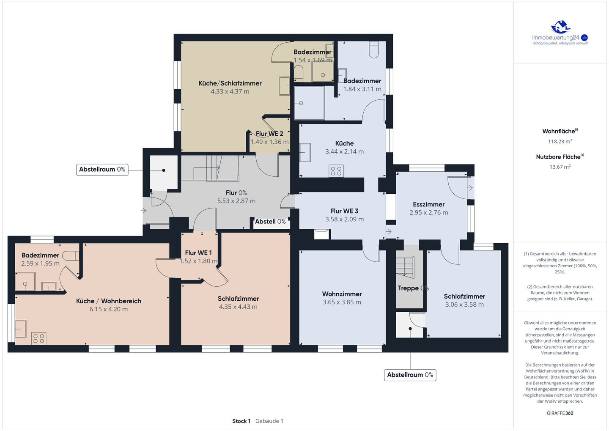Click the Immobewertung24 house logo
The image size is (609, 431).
(x=560, y=27)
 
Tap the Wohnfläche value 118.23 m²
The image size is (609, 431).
(x=560, y=141)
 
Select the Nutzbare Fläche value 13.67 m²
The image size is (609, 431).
(x=560, y=167)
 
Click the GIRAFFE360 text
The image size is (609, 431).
(x=560, y=413)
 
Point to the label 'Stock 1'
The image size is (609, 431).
(x=241, y=421)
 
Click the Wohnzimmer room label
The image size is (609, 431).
(x=342, y=294)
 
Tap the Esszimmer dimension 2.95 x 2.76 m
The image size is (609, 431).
(x=429, y=212)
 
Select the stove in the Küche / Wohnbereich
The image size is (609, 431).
(x=38, y=338)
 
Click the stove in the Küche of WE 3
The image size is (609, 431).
(x=336, y=171)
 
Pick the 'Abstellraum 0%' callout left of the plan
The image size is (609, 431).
(x=102, y=170)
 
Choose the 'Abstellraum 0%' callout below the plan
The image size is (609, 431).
(x=410, y=375)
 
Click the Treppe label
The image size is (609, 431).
(x=408, y=288)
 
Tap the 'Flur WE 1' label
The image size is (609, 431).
(x=198, y=253)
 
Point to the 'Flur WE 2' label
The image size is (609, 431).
(x=269, y=134)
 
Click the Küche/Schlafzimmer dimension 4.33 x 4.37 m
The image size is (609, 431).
(x=230, y=91)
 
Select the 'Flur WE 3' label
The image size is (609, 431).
(x=344, y=211)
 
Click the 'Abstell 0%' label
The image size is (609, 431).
(x=270, y=222)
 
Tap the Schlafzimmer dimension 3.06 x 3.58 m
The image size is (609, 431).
(x=464, y=305)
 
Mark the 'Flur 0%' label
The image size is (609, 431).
(x=236, y=193)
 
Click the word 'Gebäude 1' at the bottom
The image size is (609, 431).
(x=269, y=421)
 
